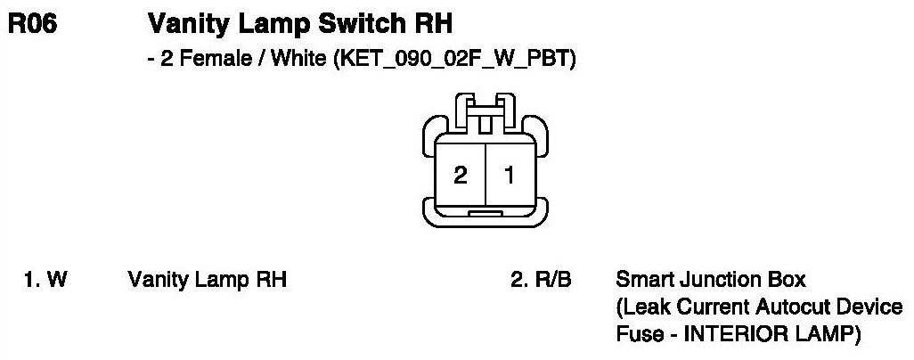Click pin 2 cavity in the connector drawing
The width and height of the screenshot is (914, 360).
pyautogui.click(x=460, y=175)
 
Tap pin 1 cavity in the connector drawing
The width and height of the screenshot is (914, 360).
pyautogui.click(x=510, y=175)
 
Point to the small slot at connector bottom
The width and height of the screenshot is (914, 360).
pyautogui.click(x=485, y=215)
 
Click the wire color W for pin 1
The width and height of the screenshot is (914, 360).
pyautogui.click(x=57, y=280)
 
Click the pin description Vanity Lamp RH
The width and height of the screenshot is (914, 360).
pyautogui.click(x=207, y=280)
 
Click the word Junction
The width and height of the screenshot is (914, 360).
pyautogui.click(x=706, y=280)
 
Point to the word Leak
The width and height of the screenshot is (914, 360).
pyautogui.click(x=641, y=308)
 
